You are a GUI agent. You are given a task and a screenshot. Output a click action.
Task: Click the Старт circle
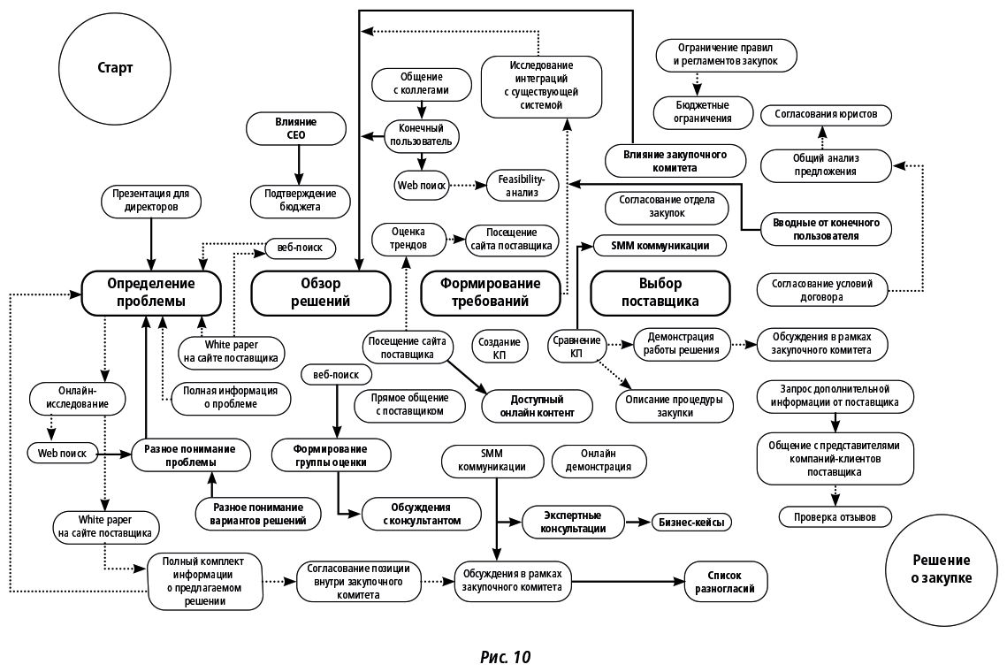coord(116,67)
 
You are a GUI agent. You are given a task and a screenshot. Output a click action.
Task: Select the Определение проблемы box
coord(151,292)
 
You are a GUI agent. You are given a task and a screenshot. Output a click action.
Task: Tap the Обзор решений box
coord(321,292)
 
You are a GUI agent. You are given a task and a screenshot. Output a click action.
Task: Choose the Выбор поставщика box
coord(660,292)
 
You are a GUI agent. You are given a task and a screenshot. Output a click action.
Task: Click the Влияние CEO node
coord(296,128)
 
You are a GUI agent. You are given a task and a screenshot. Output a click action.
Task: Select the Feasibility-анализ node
coord(522,185)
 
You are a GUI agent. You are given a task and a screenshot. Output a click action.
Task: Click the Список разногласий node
coord(724,581)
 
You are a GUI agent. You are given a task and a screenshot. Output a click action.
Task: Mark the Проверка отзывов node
coord(835,517)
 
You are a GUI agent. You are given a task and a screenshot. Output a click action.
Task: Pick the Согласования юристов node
coord(826,115)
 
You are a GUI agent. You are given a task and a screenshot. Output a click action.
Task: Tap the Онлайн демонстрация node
coord(599,460)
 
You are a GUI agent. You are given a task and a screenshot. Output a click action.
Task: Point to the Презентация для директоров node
coord(151,200)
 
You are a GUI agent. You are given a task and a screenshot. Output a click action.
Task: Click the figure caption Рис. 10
coord(506,656)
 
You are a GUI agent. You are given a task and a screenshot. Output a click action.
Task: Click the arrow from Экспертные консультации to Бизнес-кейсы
coord(637,523)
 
